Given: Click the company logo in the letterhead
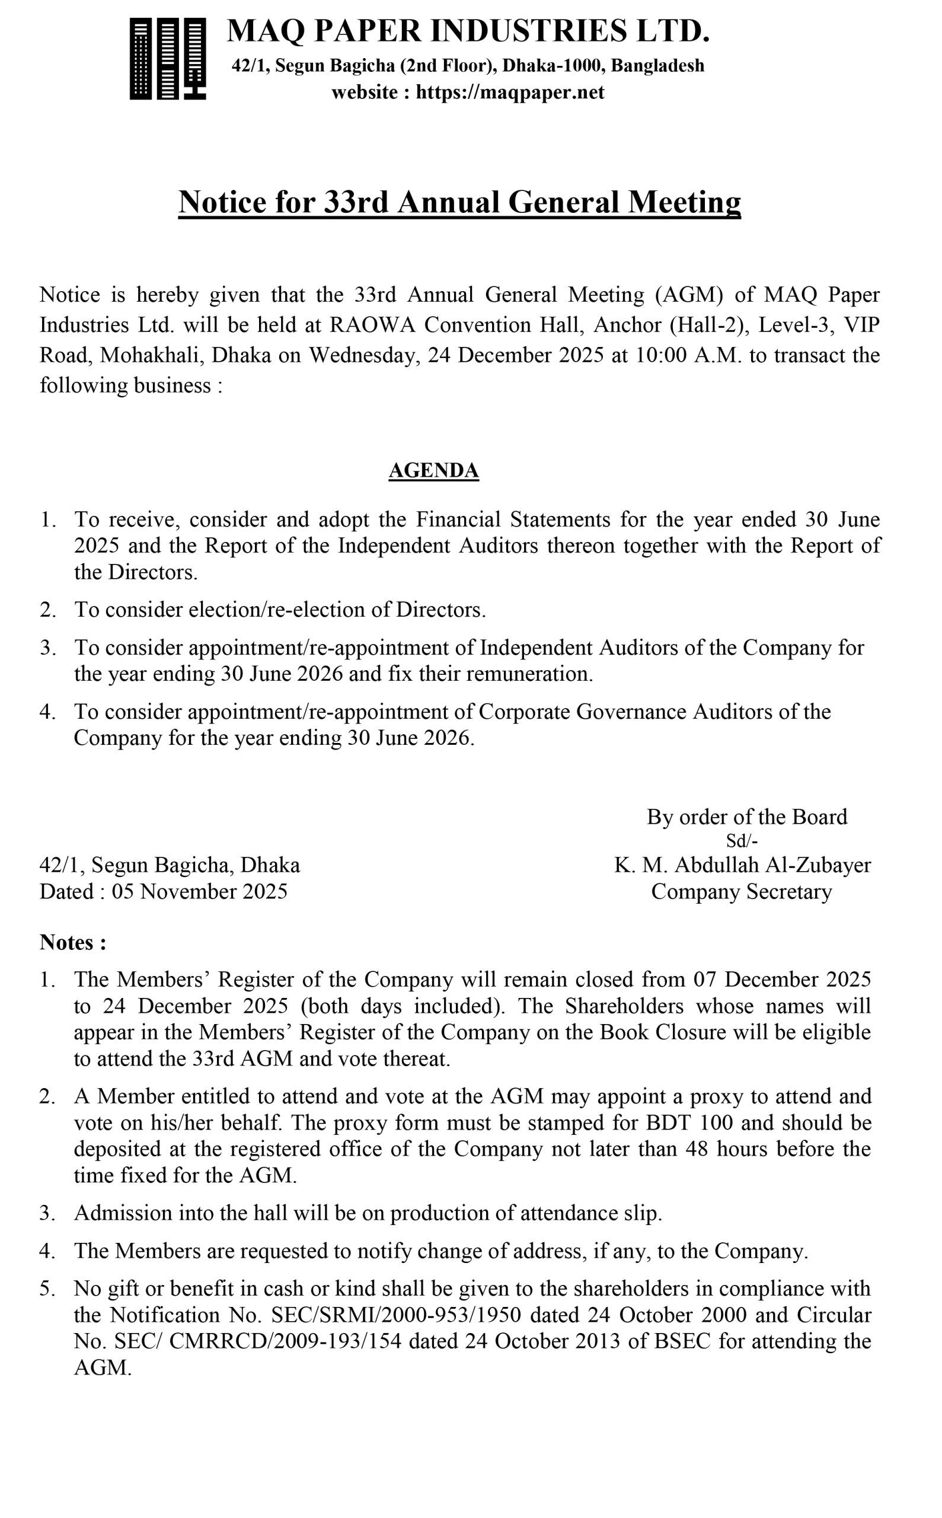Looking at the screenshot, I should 168,59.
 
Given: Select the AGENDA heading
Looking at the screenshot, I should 433,470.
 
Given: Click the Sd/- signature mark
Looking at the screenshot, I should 742,841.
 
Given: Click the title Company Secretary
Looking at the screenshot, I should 742,892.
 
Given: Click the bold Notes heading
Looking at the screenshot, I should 72,942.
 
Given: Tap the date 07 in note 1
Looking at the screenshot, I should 705,980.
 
